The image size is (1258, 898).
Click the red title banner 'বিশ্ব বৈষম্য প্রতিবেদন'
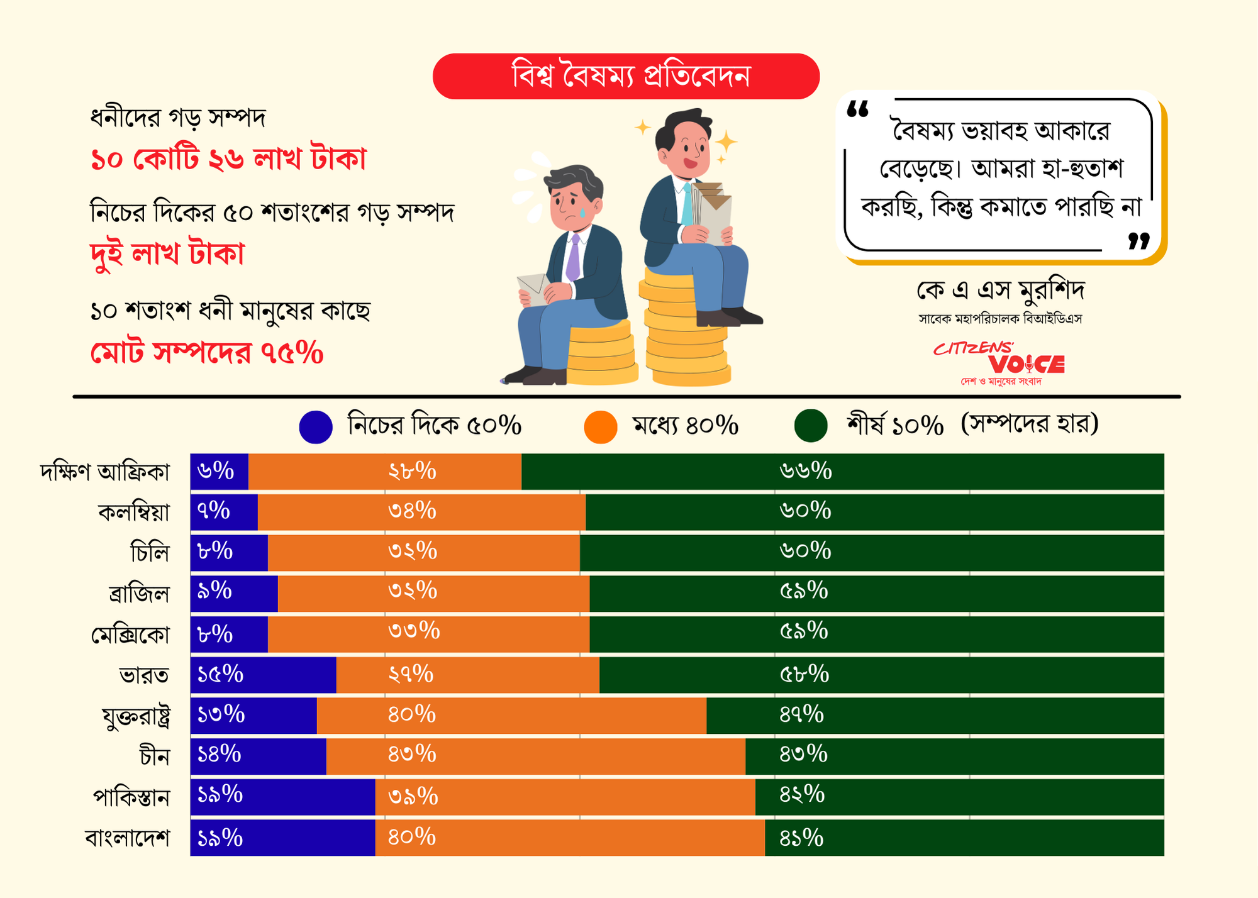click(x=626, y=76)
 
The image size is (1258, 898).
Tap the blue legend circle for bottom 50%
click(x=316, y=427)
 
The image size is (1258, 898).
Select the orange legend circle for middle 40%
click(x=600, y=427)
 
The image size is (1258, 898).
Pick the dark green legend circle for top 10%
click(x=810, y=426)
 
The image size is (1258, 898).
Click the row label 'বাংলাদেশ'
click(x=128, y=838)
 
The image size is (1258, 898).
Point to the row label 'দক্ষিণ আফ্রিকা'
click(x=105, y=472)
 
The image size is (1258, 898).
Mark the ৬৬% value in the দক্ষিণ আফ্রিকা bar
click(x=806, y=471)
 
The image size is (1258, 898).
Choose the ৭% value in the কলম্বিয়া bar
click(x=213, y=511)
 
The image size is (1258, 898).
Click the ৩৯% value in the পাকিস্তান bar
click(x=413, y=797)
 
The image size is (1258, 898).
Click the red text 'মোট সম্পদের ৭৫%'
click(x=207, y=353)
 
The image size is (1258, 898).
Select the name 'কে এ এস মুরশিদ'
click(x=1000, y=291)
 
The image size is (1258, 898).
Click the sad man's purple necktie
click(x=573, y=258)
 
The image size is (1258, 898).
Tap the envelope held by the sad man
click(x=533, y=289)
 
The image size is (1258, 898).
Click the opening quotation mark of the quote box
click(x=857, y=110)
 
